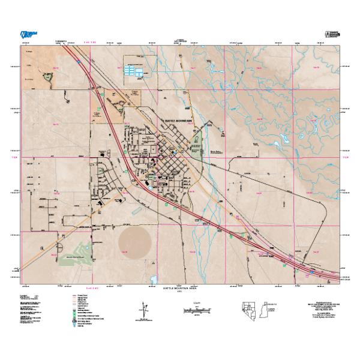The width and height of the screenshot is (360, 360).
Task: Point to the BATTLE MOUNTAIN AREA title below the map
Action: click(180, 288)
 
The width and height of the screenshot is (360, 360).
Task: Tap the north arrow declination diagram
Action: click(144, 311)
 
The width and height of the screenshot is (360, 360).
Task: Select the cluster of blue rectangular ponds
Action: click(134, 71)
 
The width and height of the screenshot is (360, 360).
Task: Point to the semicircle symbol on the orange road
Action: click(61, 244)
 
